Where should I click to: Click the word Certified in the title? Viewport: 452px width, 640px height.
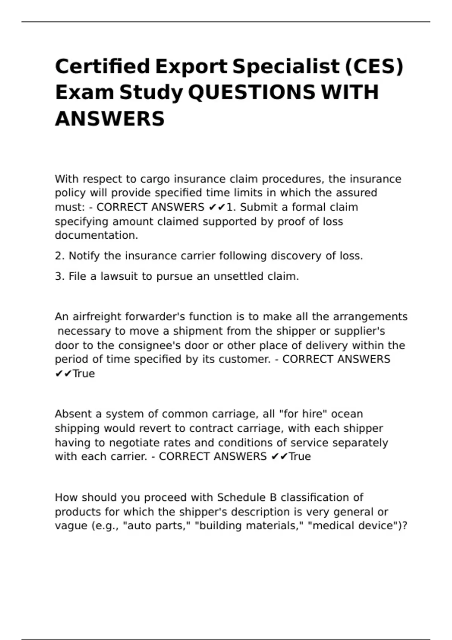102,67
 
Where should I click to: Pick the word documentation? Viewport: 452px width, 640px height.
96,235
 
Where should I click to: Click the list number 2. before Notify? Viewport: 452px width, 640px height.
60,256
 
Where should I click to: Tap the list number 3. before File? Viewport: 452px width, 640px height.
60,276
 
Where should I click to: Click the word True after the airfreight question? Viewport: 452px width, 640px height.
84,373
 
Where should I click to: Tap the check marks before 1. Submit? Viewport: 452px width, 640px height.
217,207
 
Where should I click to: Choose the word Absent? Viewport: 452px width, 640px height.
73,414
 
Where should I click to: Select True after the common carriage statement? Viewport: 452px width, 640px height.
300,457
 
